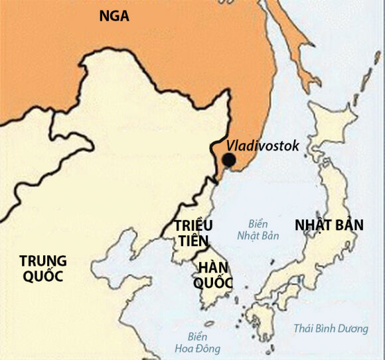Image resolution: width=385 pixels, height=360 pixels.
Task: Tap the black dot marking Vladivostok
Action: click(228, 160)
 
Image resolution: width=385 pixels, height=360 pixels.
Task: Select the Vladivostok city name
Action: click(263, 145)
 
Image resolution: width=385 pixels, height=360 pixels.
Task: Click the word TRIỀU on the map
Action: click(193, 226)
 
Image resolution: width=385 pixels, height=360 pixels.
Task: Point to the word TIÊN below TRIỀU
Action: click(193, 241)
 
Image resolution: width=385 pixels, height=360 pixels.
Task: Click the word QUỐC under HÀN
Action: click(213, 283)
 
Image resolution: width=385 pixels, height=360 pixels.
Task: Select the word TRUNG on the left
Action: click(43, 260)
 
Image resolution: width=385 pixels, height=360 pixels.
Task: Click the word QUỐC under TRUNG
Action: click(42, 276)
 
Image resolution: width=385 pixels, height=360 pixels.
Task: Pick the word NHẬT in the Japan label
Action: click(313, 225)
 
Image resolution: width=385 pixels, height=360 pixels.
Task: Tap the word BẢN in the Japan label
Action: click(349, 225)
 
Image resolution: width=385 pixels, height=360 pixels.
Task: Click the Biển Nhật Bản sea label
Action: click(258, 230)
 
